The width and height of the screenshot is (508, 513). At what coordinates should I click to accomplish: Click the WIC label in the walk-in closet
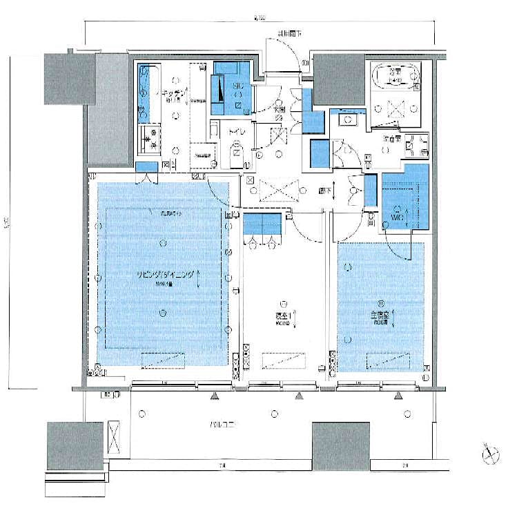point(396,217)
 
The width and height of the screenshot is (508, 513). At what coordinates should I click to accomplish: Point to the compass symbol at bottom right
point(491,453)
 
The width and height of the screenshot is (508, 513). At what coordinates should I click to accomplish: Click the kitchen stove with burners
point(148,138)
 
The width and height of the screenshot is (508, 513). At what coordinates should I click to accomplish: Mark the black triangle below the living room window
point(215,396)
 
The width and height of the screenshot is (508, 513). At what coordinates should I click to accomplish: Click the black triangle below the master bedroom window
point(398,396)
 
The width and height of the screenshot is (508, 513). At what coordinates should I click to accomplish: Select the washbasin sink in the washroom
point(347,119)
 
